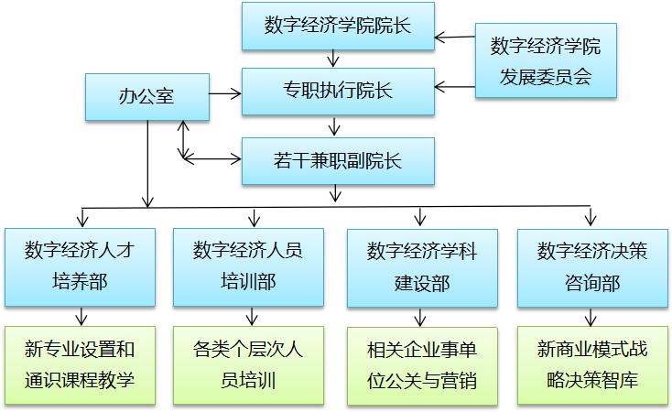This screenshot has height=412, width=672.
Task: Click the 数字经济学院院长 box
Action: coord(337,26)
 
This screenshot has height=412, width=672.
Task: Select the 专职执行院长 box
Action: coord(337,91)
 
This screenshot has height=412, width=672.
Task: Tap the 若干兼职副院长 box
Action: coord(337,161)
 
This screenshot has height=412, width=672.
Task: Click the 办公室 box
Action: coord(146,96)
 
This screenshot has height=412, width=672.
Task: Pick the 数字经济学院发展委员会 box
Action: coord(545,61)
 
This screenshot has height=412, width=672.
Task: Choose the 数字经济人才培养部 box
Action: coord(80,266)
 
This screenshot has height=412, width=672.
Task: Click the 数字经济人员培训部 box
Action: coord(248,266)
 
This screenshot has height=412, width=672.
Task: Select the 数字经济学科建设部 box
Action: coord(421,266)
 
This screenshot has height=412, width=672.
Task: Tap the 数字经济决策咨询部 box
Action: coord(591,266)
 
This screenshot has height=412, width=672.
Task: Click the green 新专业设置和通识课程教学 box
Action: coord(80,364)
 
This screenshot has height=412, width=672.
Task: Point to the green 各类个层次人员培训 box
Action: coord(248,364)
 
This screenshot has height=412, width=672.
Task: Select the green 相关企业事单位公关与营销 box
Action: coord(421,364)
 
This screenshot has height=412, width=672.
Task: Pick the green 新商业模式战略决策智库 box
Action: coord(591,364)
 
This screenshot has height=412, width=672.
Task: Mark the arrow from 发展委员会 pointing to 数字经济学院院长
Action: coord(455,38)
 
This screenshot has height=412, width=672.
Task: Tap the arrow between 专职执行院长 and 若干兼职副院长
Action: coord(337,126)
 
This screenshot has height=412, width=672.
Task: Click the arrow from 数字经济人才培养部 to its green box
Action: coord(81,316)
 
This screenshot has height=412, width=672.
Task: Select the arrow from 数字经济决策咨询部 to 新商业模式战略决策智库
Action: coord(591,316)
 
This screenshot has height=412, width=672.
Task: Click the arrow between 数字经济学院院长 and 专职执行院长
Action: coord(337,58)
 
